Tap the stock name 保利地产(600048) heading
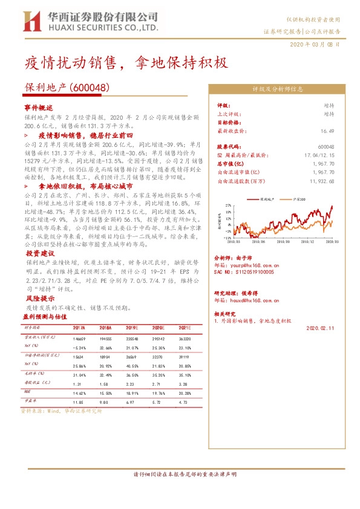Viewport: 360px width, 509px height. [67, 87]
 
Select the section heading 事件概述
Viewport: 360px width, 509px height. [39, 106]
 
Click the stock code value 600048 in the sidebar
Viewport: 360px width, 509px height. [326, 147]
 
